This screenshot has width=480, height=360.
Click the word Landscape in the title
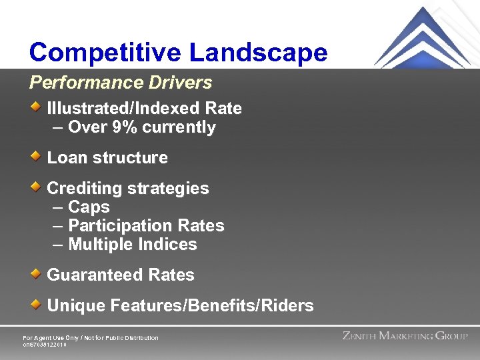pos(259,52)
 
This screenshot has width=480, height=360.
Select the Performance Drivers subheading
pos(120,83)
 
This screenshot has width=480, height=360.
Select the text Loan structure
pos(107,158)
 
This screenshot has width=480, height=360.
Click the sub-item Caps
pos(89,207)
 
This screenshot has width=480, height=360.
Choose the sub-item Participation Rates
pos(146,226)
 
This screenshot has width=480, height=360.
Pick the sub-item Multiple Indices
pos(132,245)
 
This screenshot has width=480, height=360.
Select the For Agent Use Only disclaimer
pos(91,338)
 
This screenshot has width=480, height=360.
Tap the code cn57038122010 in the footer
pos(45,345)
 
